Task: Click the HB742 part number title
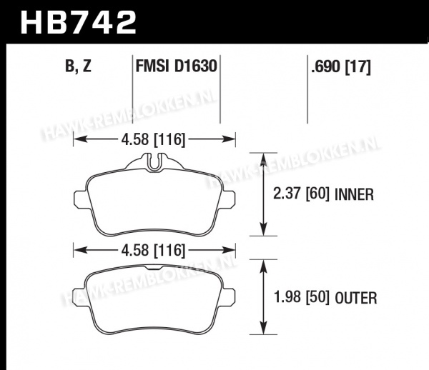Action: [x=78, y=22]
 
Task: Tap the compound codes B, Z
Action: [x=78, y=66]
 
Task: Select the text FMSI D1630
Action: [x=176, y=66]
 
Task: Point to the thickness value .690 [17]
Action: [x=341, y=66]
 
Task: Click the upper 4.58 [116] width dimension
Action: [x=153, y=139]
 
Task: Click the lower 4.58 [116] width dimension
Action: [x=153, y=250]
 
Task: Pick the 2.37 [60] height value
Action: [x=301, y=194]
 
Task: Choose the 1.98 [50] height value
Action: [x=301, y=297]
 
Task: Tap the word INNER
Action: [x=354, y=194]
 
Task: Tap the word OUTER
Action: [x=356, y=298]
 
